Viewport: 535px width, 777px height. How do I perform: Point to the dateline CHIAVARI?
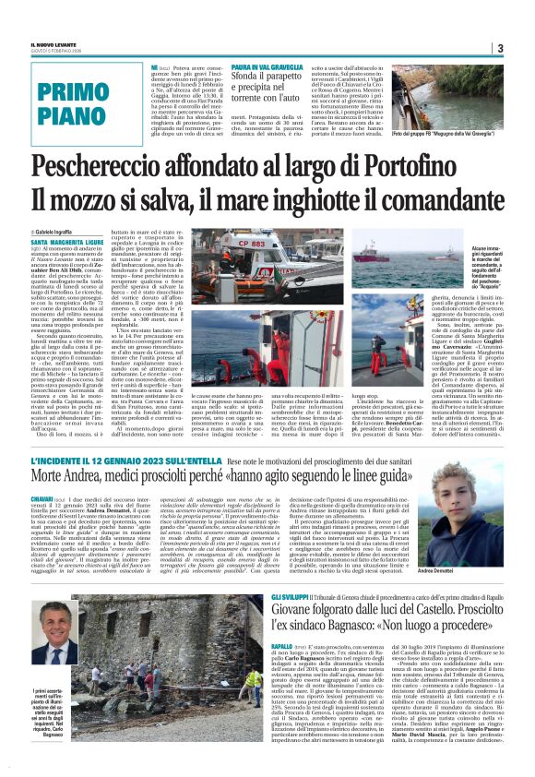tap(48, 499)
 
